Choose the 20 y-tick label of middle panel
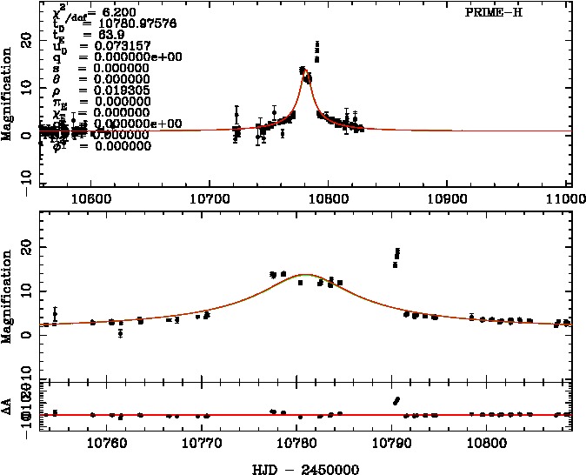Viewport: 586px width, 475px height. (x=25, y=248)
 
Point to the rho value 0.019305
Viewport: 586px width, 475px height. (x=110, y=90)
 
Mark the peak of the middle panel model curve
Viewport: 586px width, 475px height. (x=306, y=274)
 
